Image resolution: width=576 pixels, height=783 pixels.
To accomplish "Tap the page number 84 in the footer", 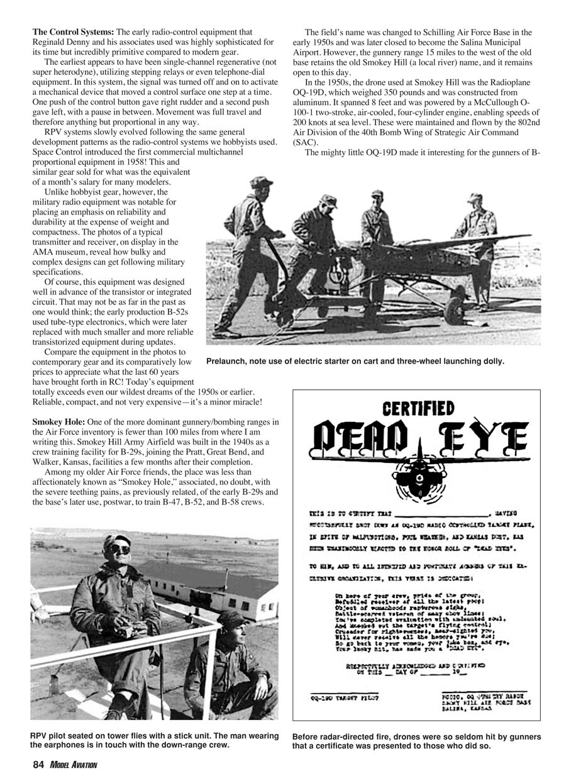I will pyautogui.click(x=38, y=765).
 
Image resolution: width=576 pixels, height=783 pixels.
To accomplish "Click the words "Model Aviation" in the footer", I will pyautogui.click(x=74, y=765).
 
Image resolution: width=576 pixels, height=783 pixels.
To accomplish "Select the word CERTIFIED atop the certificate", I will pyautogui.click(x=418, y=409).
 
